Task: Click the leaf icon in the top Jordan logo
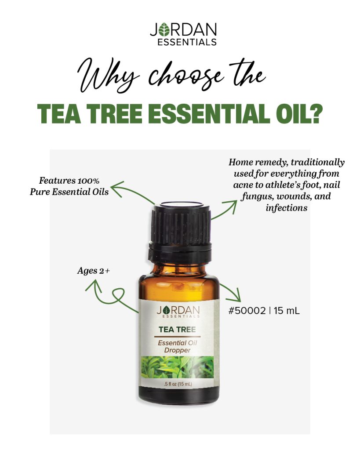pos(164,29)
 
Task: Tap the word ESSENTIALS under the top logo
pos(187,42)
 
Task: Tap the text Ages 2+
pos(94,271)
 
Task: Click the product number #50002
pos(247,311)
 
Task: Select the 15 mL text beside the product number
pos(287,311)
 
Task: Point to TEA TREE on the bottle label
pos(177,330)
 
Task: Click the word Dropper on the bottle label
pos(177,350)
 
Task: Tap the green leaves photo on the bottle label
pos(178,367)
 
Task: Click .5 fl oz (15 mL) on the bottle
pos(178,384)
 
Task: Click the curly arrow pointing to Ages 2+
pos(112,297)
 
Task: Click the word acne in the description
pos(243,185)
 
